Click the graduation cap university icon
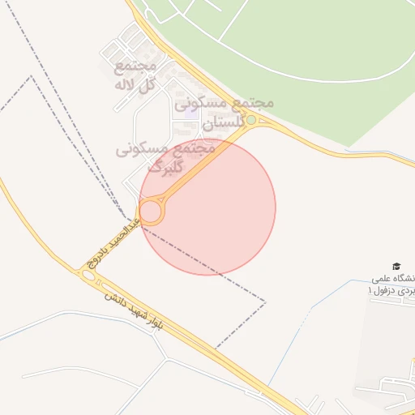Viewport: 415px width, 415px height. click(396, 267)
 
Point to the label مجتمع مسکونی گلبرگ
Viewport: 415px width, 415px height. click(166, 157)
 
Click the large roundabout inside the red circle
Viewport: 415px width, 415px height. click(151, 212)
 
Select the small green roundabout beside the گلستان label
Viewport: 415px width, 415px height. click(251, 120)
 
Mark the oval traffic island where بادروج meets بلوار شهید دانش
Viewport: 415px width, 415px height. click(88, 276)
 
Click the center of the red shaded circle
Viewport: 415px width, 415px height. click(207, 207)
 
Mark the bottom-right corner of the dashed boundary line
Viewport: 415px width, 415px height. click(265, 302)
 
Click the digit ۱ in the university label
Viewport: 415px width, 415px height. click(371, 290)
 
